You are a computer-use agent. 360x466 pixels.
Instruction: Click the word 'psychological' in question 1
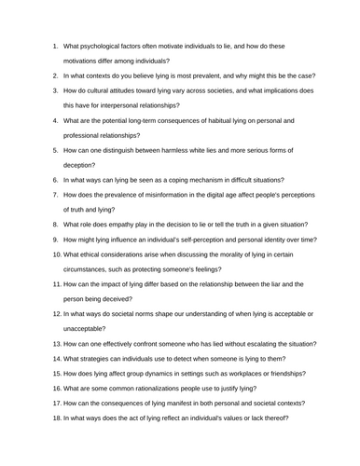point(100,43)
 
